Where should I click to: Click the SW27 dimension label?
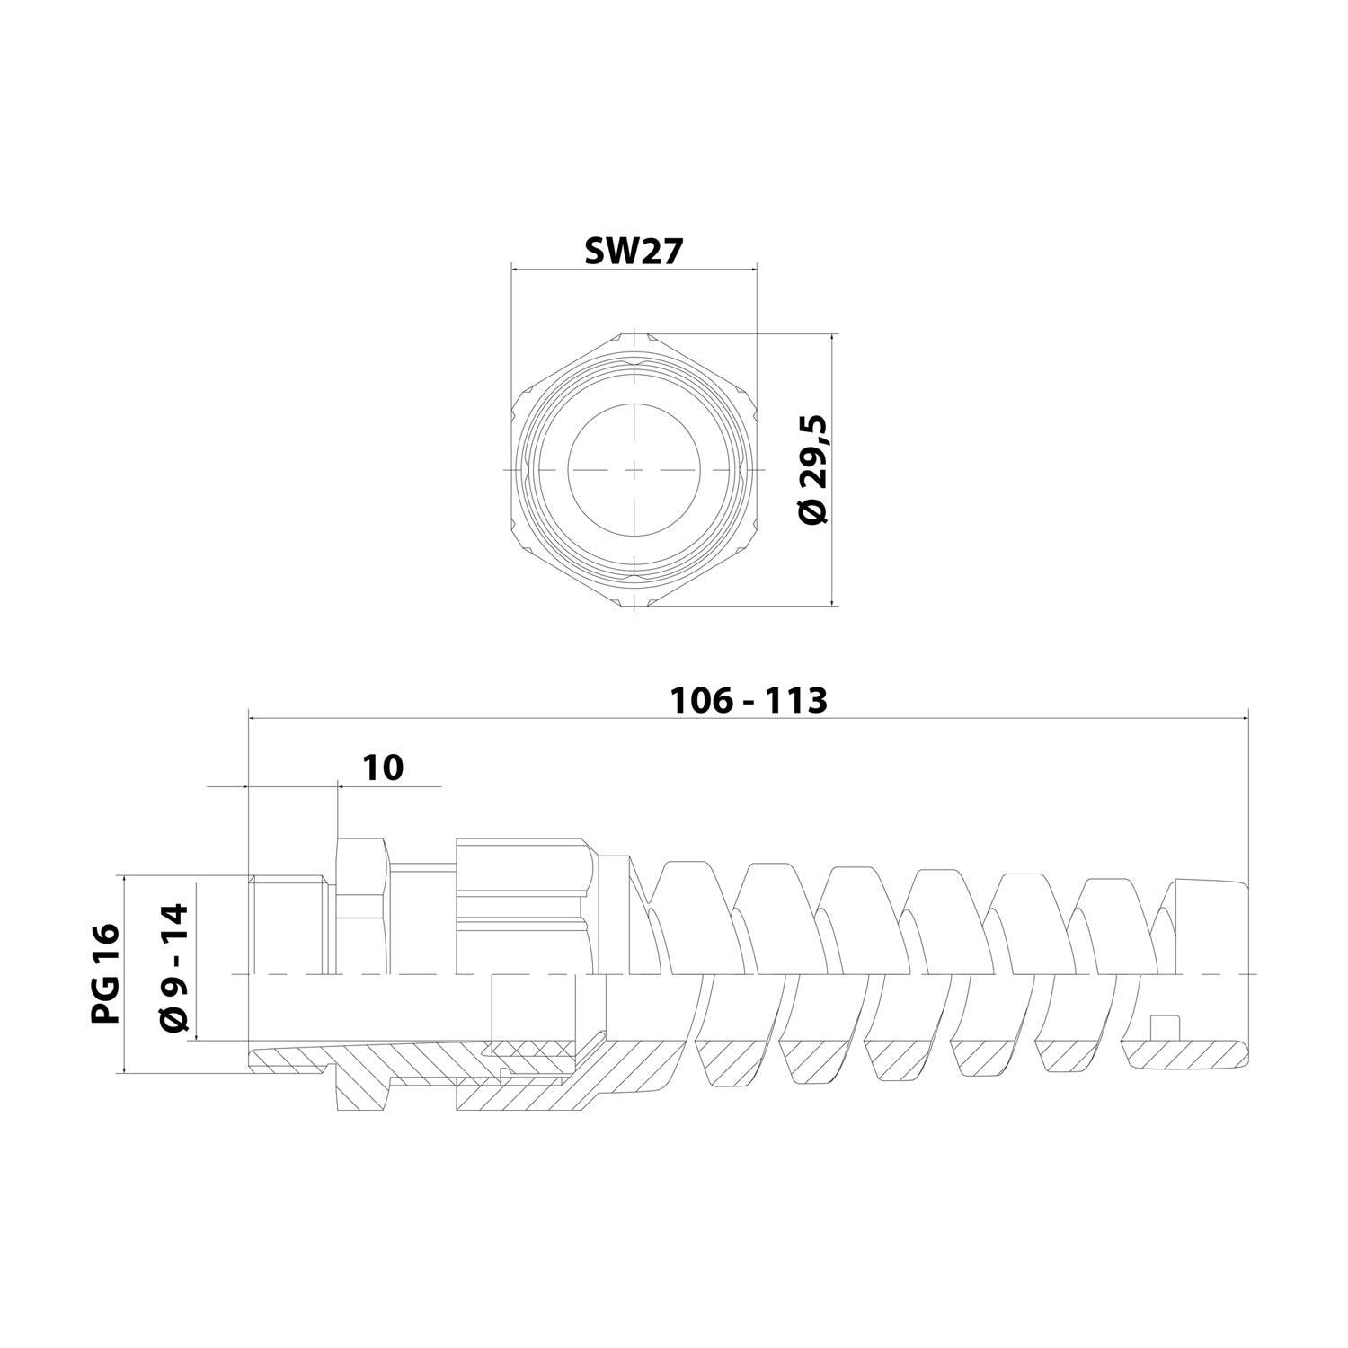point(634,251)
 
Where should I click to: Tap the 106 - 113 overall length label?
point(749,700)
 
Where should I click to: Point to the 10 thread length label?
point(383,767)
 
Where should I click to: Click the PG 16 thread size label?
point(105,973)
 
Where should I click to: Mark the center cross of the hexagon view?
point(634,470)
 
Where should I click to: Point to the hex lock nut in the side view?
point(362,908)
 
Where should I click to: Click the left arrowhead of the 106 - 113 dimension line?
point(251,718)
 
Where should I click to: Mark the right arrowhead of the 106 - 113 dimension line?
point(1245,718)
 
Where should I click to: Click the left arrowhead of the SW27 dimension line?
point(515,268)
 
